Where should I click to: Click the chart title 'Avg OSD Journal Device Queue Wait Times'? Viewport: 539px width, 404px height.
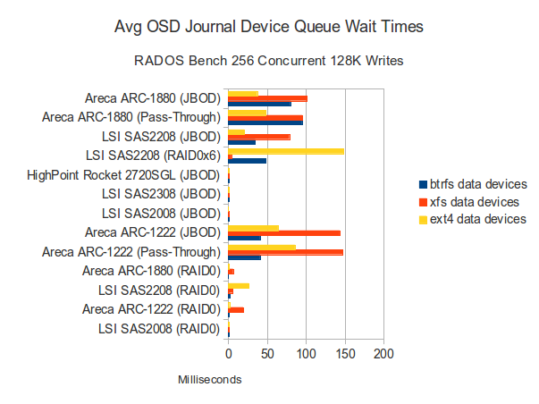[269, 28]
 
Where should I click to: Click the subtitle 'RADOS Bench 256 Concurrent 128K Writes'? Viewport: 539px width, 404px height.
[269, 62]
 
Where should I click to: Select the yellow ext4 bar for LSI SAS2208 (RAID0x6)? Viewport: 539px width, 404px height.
[286, 151]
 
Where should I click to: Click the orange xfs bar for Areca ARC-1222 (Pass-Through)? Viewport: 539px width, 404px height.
[286, 252]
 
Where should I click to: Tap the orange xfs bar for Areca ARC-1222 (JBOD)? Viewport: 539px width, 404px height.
[284, 232]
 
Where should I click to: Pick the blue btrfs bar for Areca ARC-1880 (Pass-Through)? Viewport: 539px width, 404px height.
[265, 122]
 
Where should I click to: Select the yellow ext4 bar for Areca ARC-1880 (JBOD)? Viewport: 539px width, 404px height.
[243, 93]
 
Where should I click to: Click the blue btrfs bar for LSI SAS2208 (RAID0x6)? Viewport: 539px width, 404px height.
[248, 161]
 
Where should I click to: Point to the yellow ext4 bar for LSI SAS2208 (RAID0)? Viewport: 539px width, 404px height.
[239, 286]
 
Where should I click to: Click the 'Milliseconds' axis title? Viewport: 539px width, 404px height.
[210, 380]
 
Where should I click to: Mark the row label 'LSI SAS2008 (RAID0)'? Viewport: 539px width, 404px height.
[161, 330]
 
